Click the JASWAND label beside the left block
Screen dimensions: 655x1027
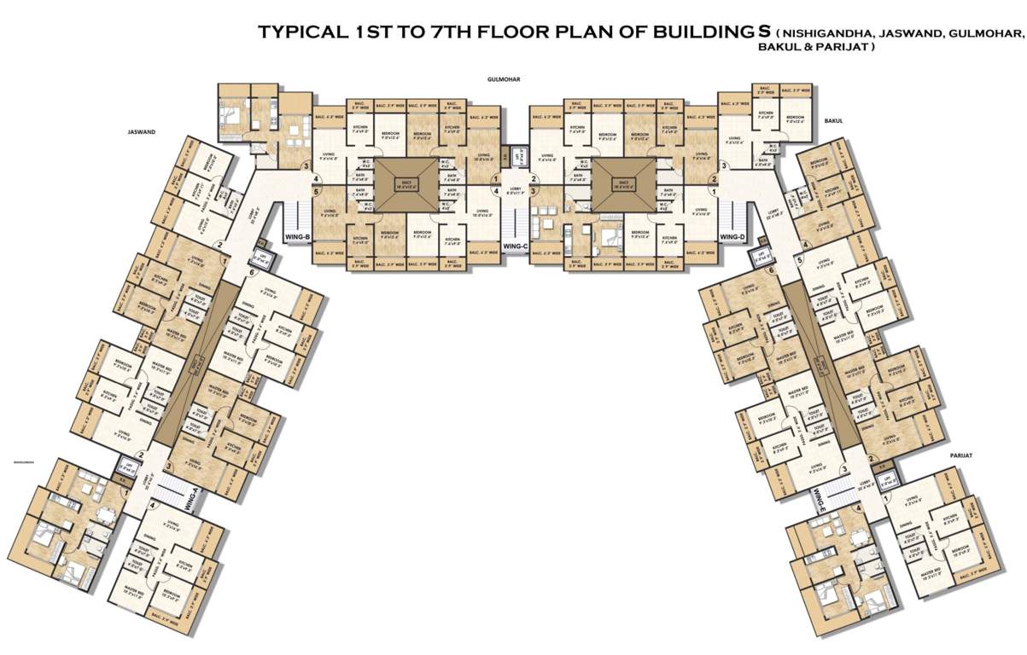coord(140,132)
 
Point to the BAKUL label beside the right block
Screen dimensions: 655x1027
coord(833,121)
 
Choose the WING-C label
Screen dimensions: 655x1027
coord(514,246)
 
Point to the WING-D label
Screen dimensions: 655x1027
coord(732,235)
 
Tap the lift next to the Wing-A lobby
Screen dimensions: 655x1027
coord(127,466)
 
